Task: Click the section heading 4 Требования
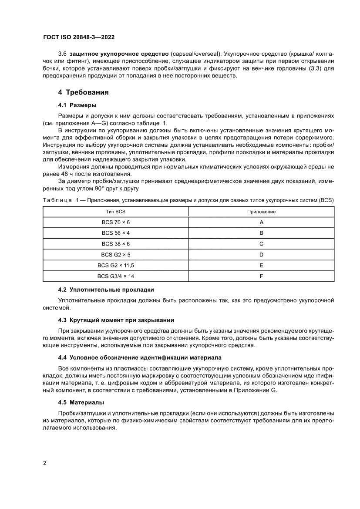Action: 84,92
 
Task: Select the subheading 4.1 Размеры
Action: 77,105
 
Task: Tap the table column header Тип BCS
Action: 116,212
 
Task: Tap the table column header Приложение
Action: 261,212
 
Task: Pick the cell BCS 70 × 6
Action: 116,222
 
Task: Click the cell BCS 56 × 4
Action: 116,233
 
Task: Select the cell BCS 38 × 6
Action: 116,244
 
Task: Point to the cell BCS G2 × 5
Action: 116,254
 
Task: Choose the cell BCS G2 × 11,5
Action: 116,265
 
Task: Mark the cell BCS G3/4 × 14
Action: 116,276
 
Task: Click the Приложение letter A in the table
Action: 261,222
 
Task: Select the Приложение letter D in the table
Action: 261,254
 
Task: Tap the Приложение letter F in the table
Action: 261,276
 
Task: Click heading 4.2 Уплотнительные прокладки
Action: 106,290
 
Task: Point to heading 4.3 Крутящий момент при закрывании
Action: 116,320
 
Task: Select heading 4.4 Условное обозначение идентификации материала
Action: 140,357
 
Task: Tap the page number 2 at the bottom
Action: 45,462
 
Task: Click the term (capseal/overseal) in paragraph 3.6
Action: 196,53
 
